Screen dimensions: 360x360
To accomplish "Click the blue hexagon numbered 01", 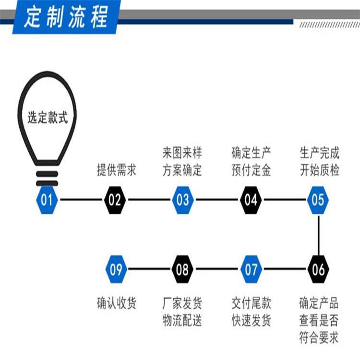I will [x=47, y=200].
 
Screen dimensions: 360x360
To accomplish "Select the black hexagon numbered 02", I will [x=115, y=200].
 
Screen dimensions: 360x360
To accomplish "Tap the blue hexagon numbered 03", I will [x=183, y=200].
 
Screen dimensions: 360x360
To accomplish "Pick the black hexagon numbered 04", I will [x=251, y=200].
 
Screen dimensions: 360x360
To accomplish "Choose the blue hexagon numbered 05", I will [x=318, y=200].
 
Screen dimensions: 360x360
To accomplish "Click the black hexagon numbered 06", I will [x=318, y=269].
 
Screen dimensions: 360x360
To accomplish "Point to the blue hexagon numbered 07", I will [x=251, y=269].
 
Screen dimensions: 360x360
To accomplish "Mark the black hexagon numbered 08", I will [x=183, y=269].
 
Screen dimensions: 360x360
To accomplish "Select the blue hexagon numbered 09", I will [x=116, y=269].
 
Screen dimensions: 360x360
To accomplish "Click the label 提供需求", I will [x=116, y=170].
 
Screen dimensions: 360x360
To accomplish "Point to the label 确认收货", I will [x=116, y=303].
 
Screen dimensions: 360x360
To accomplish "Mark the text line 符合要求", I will [x=319, y=337].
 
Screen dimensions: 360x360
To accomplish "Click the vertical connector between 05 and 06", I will [x=318, y=235].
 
